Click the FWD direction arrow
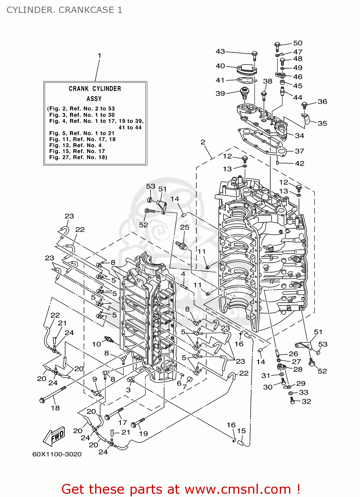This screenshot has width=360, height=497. point(54,436)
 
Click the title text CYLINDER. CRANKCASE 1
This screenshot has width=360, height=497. point(64,10)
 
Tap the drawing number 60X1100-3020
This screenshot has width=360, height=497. point(57,454)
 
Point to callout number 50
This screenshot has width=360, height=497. point(298,43)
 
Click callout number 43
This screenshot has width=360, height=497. point(220,51)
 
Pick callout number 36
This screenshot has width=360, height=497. point(322,102)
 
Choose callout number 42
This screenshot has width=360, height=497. point(299,163)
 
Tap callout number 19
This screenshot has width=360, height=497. point(143,433)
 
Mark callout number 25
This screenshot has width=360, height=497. point(185,227)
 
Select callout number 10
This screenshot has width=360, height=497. point(96,344)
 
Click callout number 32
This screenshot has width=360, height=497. point(306,401)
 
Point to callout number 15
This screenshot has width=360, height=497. point(241,431)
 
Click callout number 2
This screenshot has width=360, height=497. point(203,142)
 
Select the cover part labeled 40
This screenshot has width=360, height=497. point(247,70)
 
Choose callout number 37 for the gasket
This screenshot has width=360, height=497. point(299,151)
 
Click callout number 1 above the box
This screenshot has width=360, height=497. point(99,56)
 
